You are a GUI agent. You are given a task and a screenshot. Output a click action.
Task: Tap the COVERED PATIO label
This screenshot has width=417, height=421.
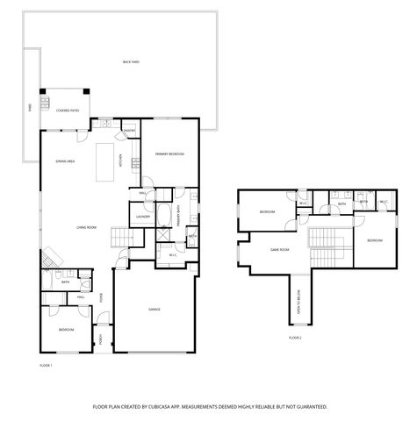(68, 111)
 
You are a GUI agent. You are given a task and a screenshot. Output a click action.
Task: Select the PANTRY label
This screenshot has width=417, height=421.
(129, 130)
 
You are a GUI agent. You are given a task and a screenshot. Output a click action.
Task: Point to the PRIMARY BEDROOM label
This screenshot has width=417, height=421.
(169, 153)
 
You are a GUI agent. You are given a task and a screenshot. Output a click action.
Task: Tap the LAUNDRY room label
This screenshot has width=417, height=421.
(141, 211)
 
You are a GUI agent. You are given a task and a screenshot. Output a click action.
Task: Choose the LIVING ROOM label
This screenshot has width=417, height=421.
(86, 227)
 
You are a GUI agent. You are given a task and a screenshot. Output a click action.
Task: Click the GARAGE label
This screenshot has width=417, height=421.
(154, 310)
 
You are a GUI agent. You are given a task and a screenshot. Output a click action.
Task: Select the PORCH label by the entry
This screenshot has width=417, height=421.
(102, 339)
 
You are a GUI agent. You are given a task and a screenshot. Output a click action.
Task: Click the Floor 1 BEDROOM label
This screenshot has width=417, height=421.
(67, 329)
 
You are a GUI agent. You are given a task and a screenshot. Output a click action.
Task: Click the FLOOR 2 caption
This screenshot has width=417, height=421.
(295, 337)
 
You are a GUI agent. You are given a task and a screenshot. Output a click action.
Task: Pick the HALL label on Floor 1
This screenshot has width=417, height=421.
(80, 297)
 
